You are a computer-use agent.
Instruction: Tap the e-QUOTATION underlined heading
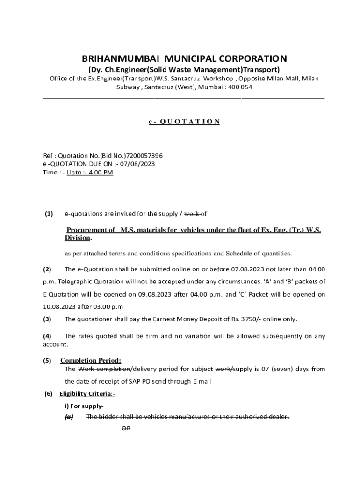click(184, 122)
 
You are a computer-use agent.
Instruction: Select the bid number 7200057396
click(142, 155)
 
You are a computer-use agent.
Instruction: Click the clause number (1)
click(49, 214)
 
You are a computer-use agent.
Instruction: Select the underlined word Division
click(77, 238)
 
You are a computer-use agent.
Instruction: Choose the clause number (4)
click(47, 336)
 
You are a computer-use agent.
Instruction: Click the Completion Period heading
click(91, 360)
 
